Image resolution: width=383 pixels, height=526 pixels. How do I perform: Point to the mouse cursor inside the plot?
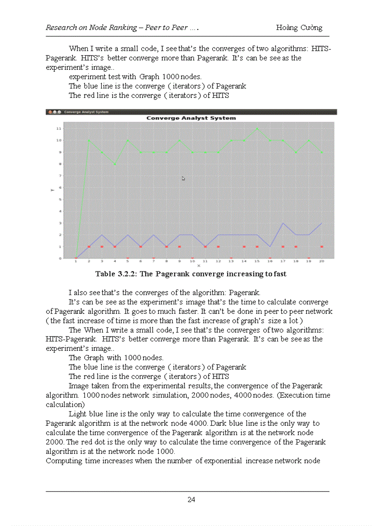[184, 178]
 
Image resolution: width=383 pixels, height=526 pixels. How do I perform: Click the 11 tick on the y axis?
[58, 128]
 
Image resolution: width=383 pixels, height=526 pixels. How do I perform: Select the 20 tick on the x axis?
[322, 261]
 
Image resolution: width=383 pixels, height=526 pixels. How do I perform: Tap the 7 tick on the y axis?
[59, 176]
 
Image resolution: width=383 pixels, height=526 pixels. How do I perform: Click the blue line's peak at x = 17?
[283, 223]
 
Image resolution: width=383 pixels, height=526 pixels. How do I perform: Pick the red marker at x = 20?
[322, 246]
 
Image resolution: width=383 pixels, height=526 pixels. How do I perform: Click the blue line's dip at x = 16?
[270, 246]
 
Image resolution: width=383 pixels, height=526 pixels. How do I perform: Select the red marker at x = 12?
[218, 246]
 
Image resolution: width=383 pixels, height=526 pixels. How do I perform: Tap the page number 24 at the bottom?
[191, 500]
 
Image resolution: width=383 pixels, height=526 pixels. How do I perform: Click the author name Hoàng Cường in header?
[299, 27]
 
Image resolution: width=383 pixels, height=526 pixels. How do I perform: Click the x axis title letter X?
[198, 266]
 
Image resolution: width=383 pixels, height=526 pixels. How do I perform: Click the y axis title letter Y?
[52, 190]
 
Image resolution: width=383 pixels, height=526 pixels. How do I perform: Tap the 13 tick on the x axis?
[231, 261]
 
